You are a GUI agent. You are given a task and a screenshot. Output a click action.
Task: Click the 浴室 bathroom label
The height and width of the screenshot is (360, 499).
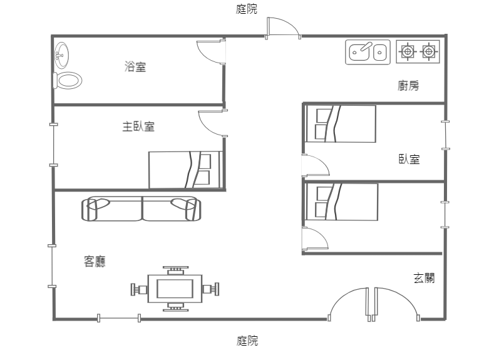[135, 67]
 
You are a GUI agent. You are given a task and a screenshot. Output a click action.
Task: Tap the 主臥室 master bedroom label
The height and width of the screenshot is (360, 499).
[138, 126]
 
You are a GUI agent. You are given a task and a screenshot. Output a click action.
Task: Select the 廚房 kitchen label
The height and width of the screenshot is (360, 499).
[408, 85]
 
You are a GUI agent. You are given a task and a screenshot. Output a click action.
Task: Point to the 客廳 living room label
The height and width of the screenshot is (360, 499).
[95, 261]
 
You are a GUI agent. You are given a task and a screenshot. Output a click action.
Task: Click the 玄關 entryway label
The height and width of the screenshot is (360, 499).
[424, 278]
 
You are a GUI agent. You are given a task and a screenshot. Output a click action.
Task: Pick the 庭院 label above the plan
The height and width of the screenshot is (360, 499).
[246, 9]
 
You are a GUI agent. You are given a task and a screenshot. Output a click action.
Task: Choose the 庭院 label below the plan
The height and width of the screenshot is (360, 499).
[247, 341]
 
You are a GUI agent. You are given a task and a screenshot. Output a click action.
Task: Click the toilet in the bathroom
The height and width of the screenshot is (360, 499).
[68, 81]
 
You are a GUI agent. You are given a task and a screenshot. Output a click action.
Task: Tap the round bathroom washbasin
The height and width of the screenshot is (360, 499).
[61, 55]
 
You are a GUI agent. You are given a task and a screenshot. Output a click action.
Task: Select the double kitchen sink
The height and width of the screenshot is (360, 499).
[368, 52]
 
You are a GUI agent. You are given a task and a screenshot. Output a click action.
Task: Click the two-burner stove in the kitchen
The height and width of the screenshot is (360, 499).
[418, 51]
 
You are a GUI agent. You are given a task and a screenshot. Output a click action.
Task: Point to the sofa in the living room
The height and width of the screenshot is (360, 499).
[141, 209]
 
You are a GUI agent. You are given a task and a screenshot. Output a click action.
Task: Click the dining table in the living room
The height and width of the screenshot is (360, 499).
[175, 289]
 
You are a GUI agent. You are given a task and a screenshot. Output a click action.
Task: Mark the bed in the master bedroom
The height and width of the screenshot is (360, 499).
[185, 170]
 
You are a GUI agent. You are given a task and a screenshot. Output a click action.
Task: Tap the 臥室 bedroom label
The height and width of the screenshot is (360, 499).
[409, 159]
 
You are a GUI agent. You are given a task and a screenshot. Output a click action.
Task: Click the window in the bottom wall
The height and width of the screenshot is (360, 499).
[119, 318]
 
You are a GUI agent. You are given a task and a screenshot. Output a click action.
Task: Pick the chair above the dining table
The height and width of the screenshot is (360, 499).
[176, 271]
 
